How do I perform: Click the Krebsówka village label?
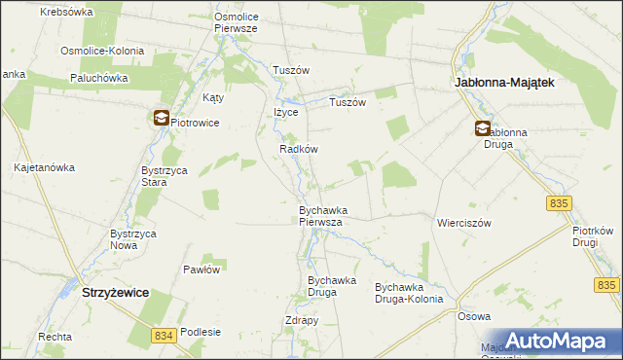[x=66, y=12]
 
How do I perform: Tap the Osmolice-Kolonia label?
[x=102, y=51]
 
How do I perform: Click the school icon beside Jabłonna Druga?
[x=483, y=128]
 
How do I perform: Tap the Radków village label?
[x=299, y=149]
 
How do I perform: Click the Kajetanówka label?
[x=44, y=167]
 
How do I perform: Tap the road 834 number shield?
[x=165, y=335]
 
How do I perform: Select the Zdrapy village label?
[x=303, y=321]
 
